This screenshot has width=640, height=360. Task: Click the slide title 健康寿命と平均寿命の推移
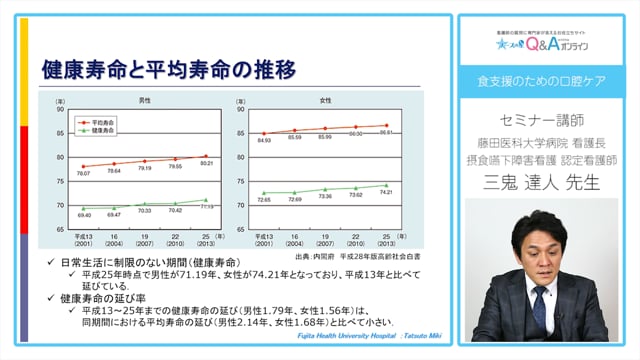(x=169, y=71)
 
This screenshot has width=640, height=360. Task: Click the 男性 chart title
(x=145, y=100)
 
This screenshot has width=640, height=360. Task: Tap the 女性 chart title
(x=325, y=100)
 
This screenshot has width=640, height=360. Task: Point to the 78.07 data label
(x=85, y=174)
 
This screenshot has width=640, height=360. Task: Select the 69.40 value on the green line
(x=84, y=215)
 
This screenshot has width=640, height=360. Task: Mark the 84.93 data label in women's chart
(x=265, y=141)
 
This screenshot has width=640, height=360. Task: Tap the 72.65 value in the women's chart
(x=265, y=200)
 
